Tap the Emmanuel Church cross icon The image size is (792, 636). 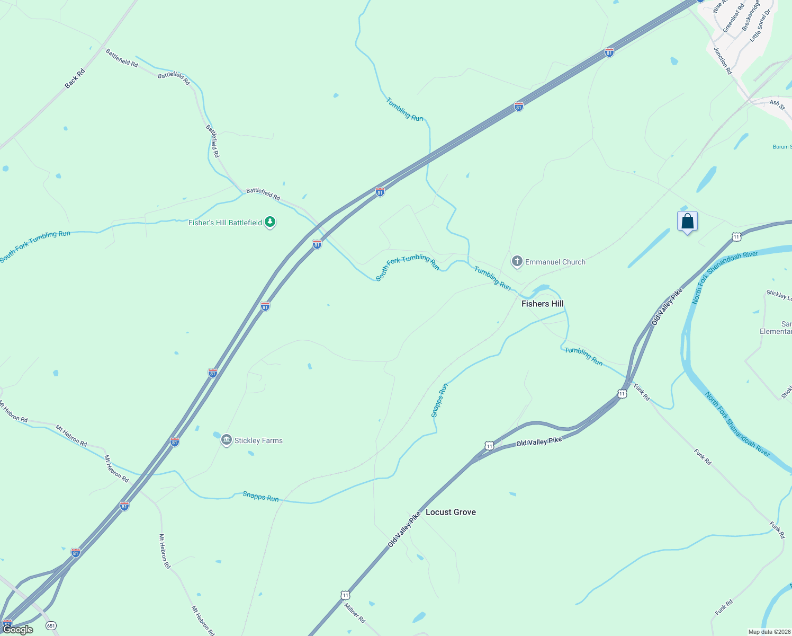pos(517,261)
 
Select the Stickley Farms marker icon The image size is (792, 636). pos(227,440)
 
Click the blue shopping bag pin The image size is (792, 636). pos(687,221)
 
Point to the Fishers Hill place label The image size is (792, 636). pos(542,304)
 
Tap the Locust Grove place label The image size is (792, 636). pos(451,512)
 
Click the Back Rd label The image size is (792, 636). pos(75,78)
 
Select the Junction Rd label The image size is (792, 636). pos(723,61)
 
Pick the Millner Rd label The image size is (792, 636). pos(355,613)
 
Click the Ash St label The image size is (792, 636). pos(777,104)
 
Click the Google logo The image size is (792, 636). pos(18,630)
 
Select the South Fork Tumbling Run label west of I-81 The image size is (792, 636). pos(35,246)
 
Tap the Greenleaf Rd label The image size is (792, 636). pos(734,18)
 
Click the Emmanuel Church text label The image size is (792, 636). pos(555,262)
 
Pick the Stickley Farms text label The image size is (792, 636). pos(258,440)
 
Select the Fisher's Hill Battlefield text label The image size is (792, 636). pos(225,223)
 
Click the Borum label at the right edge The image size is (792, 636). pos(782,147)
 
